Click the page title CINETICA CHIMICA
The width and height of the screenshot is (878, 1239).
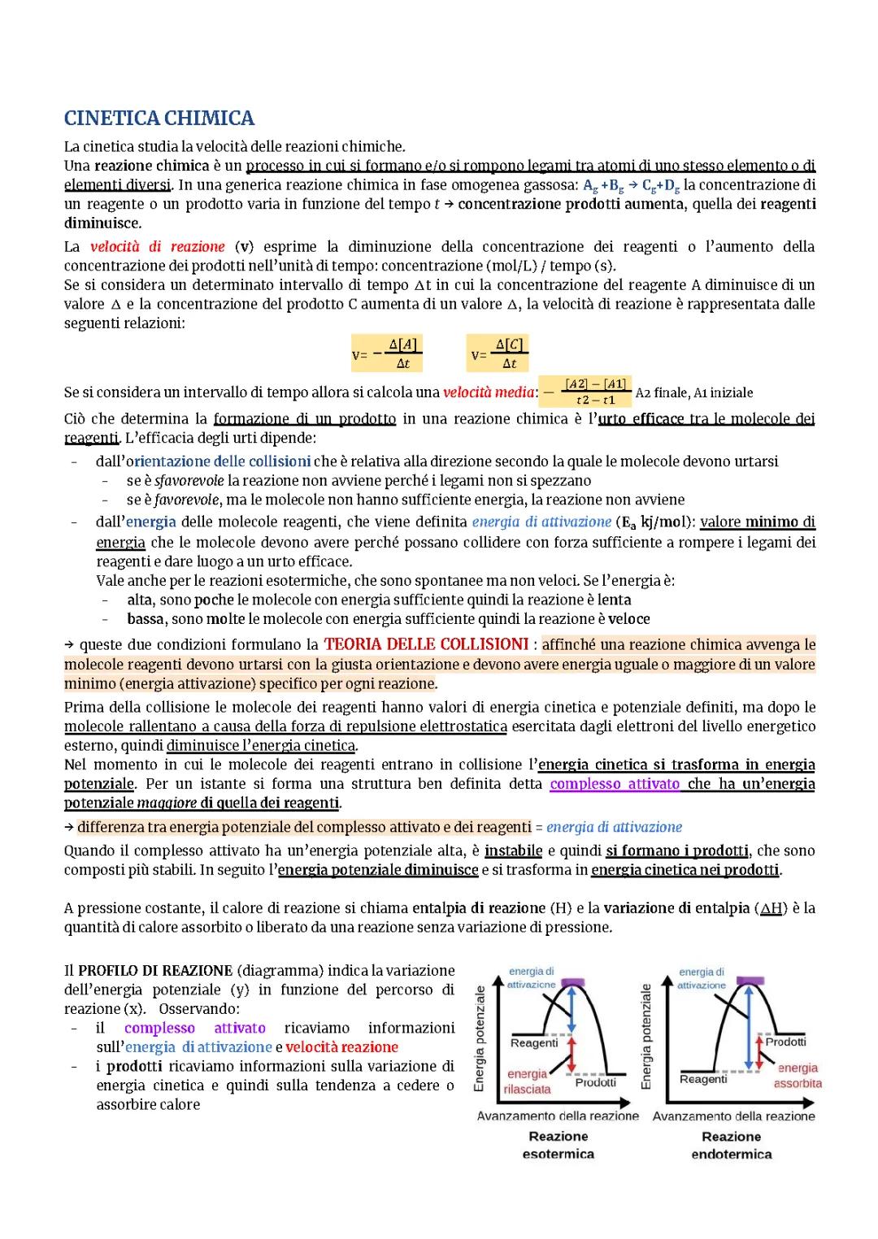pyautogui.click(x=159, y=119)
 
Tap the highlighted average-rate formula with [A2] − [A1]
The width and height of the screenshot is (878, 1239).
pyautogui.click(x=586, y=392)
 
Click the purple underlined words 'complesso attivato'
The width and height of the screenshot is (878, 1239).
pyautogui.click(x=615, y=784)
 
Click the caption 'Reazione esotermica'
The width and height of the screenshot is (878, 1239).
pyautogui.click(x=558, y=1146)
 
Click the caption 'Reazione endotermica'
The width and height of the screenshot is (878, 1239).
pyautogui.click(x=731, y=1146)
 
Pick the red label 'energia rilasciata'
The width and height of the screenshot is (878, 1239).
pyautogui.click(x=527, y=1081)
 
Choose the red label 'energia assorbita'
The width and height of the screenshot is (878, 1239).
pyautogui.click(x=797, y=1076)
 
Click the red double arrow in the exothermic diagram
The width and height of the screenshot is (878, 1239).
pyautogui.click(x=572, y=1054)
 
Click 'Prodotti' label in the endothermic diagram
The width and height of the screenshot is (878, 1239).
pyautogui.click(x=785, y=1042)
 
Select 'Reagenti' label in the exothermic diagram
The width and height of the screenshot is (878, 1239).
pyautogui.click(x=534, y=1042)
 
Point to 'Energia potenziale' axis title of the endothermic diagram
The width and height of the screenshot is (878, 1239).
pyautogui.click(x=646, y=1036)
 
